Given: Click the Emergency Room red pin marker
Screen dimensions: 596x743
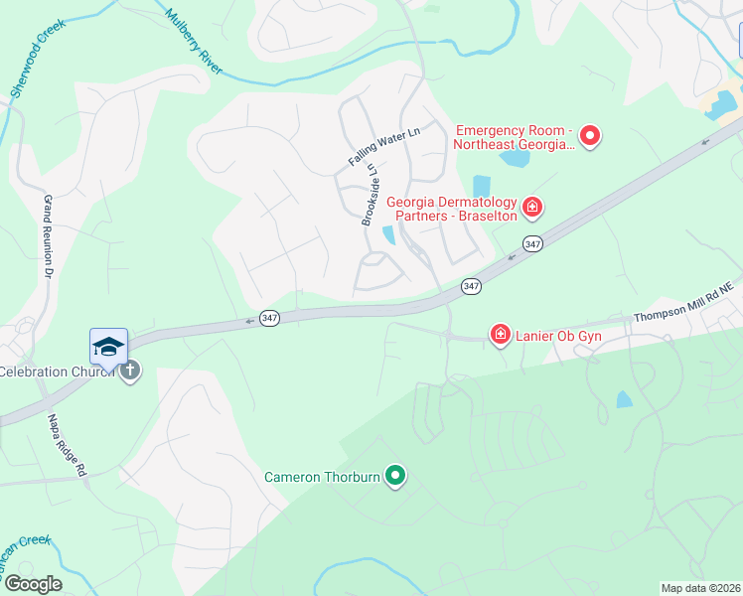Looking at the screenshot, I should [590, 136].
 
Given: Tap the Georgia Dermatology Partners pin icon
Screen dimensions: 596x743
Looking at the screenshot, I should [532, 207].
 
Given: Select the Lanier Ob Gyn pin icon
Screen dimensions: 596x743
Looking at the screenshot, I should [501, 335].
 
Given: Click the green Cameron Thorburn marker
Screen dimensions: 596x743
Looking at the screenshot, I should [395, 477].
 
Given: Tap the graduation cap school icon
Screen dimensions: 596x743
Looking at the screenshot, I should [108, 346].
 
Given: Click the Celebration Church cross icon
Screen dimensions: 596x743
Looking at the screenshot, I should [129, 372].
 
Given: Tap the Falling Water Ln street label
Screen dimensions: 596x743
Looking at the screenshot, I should [384, 146].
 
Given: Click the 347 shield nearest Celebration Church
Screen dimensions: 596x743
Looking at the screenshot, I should [269, 318].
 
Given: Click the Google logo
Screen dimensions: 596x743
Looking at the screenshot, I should [32, 583].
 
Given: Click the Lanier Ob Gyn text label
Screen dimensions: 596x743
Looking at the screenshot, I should [558, 336].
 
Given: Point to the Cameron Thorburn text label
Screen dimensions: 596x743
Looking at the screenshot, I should [322, 477].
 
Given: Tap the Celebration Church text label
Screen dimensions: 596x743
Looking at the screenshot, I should [58, 372].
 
